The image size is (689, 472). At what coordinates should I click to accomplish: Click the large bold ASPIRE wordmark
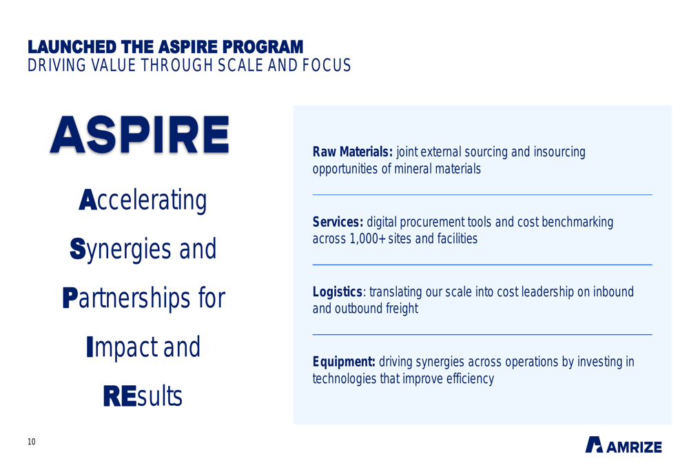[x=140, y=134]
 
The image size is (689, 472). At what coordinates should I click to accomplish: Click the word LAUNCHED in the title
[x=72, y=47]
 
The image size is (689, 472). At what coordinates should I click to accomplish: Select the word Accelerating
[x=143, y=201]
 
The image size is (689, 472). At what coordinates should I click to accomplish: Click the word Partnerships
[x=127, y=298]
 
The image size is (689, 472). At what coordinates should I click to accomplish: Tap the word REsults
[x=143, y=396]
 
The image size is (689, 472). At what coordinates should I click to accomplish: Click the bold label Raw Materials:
[x=352, y=152]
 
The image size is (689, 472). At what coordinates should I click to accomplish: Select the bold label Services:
[x=338, y=222]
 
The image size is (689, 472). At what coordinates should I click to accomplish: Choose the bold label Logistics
[x=337, y=292]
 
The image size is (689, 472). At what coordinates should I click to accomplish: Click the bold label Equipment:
[x=344, y=362]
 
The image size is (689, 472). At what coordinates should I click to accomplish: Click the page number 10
[x=32, y=442]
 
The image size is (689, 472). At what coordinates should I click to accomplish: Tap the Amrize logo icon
[x=594, y=444]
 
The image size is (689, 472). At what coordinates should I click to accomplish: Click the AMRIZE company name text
[x=634, y=447]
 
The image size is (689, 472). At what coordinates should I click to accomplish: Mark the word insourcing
[x=559, y=152]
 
